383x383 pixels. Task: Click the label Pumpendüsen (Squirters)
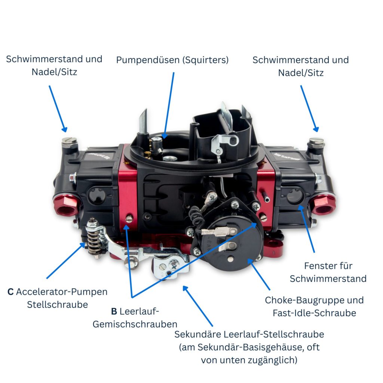click(x=172, y=60)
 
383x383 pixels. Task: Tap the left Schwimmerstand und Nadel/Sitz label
click(x=54, y=65)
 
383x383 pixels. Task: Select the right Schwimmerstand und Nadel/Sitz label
click(x=301, y=66)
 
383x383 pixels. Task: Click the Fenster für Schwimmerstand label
click(x=328, y=272)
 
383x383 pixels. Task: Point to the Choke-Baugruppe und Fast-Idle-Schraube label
click(x=314, y=307)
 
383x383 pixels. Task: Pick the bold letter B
click(x=114, y=311)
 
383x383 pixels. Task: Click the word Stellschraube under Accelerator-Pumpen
click(x=57, y=304)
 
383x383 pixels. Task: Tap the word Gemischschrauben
click(x=135, y=324)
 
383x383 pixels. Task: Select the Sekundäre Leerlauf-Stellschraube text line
click(x=249, y=334)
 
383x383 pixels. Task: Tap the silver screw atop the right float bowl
click(x=316, y=141)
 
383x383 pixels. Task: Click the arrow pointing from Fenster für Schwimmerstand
click(x=307, y=228)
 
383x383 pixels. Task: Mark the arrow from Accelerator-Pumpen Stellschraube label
click(x=65, y=260)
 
